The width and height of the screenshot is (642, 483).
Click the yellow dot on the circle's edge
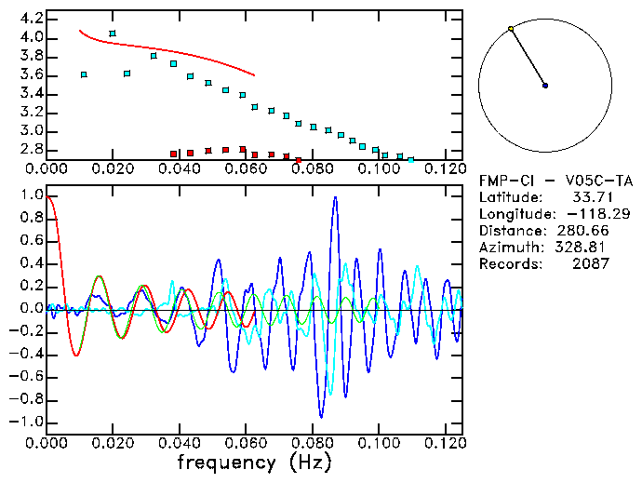511,29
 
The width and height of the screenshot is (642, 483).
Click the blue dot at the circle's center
545,86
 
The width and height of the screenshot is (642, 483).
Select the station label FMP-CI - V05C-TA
545,180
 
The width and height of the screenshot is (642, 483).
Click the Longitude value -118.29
582,214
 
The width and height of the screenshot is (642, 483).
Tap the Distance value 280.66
582,231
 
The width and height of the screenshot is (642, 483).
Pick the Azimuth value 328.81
582,248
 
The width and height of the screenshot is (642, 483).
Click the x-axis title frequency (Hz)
255,463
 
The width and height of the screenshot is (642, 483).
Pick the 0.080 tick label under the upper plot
311,169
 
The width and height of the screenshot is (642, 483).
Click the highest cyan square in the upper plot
113,34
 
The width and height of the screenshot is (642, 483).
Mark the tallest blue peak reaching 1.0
335,197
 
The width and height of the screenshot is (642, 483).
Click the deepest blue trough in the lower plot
322,417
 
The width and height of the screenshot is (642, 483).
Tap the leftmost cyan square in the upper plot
84,74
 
